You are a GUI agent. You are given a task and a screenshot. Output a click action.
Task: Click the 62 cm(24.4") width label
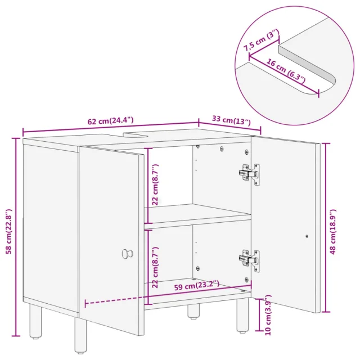click(x=110, y=121)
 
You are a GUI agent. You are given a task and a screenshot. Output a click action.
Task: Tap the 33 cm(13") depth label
click(x=231, y=120)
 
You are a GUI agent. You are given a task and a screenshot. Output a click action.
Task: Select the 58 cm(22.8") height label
click(x=9, y=231)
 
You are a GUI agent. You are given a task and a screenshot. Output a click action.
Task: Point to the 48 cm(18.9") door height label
click(x=332, y=232)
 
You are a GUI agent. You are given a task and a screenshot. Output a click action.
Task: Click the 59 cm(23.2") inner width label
click(x=197, y=286)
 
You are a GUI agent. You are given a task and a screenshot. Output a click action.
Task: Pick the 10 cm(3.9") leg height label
click(x=268, y=315)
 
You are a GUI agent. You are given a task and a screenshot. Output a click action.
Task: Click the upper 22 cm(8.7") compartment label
click(x=155, y=184)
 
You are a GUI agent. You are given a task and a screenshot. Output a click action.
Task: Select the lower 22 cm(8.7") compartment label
click(x=155, y=268)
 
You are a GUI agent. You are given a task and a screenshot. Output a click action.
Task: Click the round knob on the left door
click(x=127, y=254)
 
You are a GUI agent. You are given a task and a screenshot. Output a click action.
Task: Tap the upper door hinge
click(x=249, y=174)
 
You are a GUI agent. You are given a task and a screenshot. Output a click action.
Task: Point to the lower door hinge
click(x=249, y=260)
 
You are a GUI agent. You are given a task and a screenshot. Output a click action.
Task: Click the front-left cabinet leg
click(x=80, y=336)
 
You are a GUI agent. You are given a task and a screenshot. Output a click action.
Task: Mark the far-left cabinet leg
click(x=35, y=322)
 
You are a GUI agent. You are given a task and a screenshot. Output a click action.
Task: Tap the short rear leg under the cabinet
click(x=193, y=312)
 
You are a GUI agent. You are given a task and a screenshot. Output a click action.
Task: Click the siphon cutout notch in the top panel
click(x=136, y=135)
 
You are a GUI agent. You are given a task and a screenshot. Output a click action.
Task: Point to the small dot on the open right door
click(x=307, y=236)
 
